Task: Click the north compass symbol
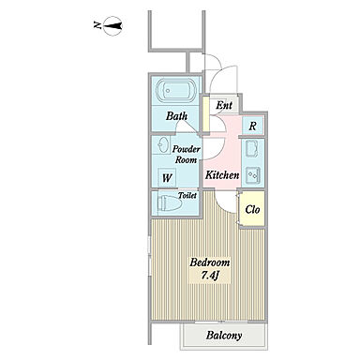[x=112, y=25]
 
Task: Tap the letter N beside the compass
[x=97, y=25]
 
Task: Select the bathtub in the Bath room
[x=176, y=91]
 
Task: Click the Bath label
[x=176, y=116]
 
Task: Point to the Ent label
[x=224, y=105]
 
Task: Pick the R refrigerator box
[x=253, y=126]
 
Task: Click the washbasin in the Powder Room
[x=163, y=145]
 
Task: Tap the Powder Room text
[x=187, y=154]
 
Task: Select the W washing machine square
[x=167, y=178]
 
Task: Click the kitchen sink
[x=252, y=149]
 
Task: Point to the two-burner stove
[x=253, y=175]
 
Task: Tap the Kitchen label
[x=222, y=175]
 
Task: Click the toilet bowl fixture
[x=170, y=203]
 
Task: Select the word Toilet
[x=187, y=196]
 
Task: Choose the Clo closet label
[x=252, y=209]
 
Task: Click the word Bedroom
[x=210, y=262]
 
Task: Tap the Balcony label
[x=224, y=336]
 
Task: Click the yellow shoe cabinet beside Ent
[x=206, y=114]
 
